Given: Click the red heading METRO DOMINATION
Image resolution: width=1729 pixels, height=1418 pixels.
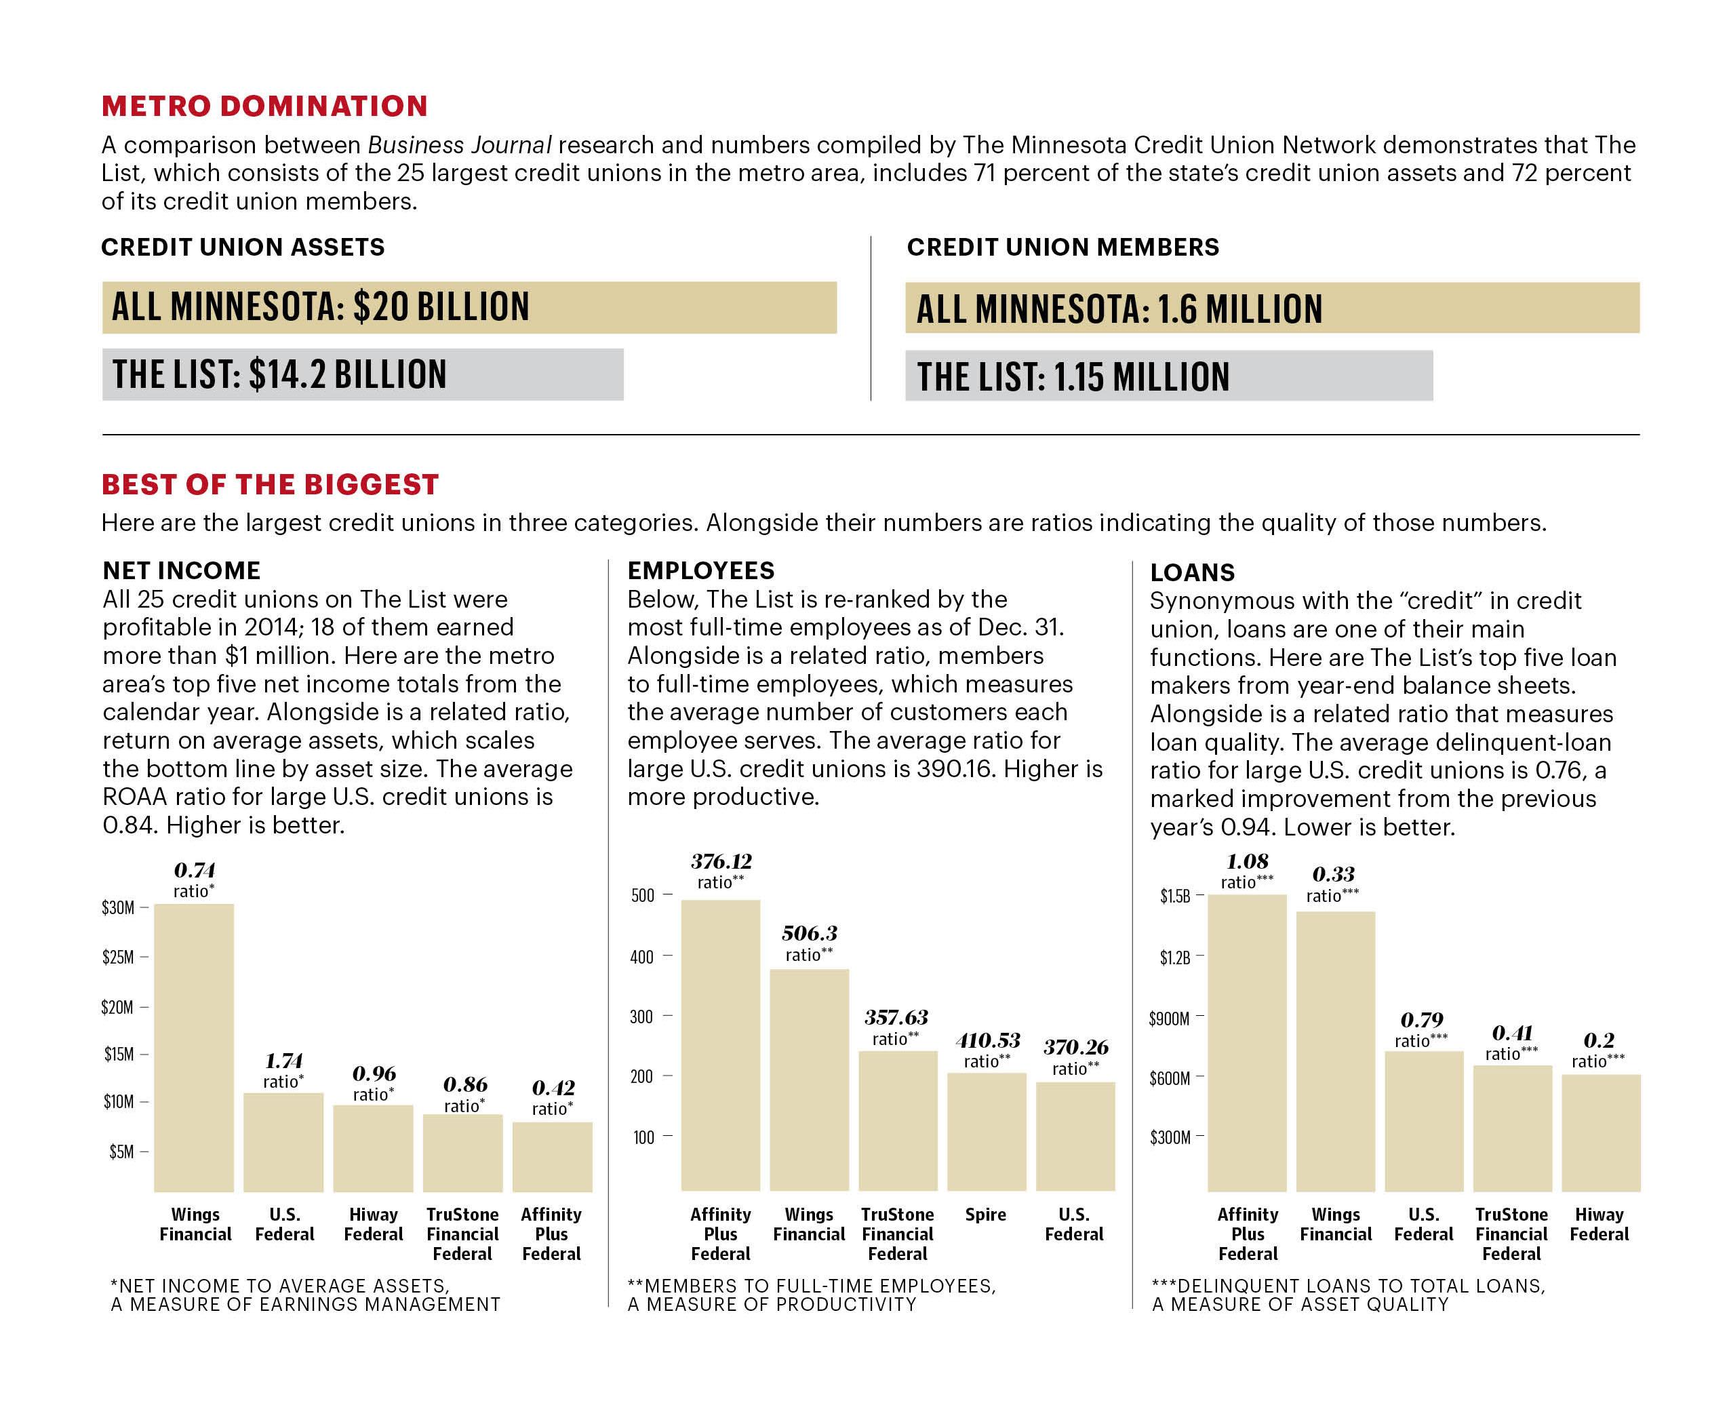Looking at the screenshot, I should [x=264, y=106].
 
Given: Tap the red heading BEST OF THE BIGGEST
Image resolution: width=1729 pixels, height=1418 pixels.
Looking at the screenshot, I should [x=271, y=484].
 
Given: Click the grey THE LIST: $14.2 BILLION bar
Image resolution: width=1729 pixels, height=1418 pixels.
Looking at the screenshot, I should [x=363, y=374].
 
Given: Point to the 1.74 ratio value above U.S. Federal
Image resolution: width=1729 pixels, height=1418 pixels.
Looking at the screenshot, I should [x=283, y=1061].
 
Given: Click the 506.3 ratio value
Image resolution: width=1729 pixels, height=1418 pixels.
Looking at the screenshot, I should [x=810, y=934].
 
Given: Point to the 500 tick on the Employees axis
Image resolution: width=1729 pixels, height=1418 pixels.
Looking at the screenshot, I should [x=643, y=895].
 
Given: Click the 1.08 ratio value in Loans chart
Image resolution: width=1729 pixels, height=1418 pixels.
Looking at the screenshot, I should [x=1247, y=861].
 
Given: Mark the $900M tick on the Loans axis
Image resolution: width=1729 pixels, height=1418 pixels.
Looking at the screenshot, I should [x=1170, y=1018].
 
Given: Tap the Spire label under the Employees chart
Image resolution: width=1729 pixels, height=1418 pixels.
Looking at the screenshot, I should [x=986, y=1215].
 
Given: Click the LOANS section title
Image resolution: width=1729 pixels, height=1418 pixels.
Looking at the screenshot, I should [x=1193, y=572].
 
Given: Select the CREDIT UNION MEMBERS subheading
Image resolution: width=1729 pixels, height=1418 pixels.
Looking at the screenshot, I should [x=1062, y=247].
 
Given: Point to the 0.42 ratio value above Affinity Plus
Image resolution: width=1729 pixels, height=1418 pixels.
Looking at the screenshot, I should [x=553, y=1088].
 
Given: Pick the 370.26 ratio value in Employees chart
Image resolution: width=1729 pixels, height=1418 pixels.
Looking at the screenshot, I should [x=1075, y=1047].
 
